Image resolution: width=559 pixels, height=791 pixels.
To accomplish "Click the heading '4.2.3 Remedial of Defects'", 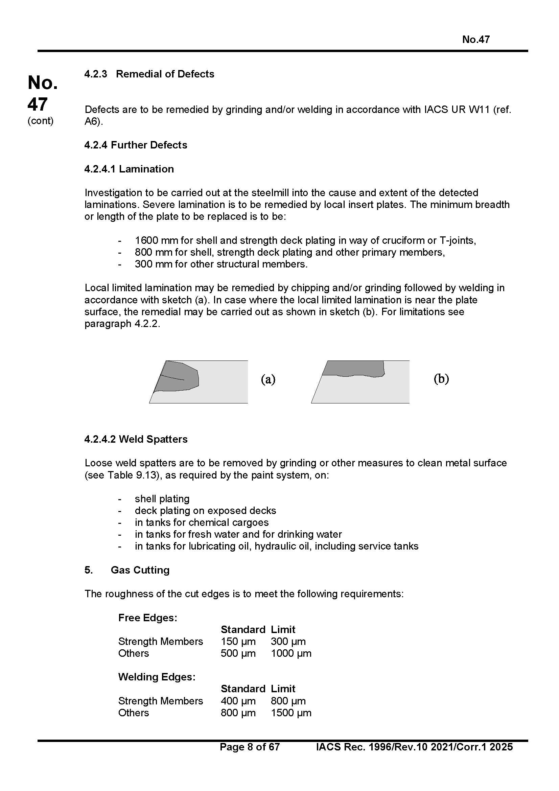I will [x=149, y=74].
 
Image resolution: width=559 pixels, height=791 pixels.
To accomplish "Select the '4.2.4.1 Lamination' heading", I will [x=129, y=169].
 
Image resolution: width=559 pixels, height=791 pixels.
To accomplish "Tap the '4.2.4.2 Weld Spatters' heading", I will [x=136, y=439].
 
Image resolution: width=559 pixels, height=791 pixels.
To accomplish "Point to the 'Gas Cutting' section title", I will [x=140, y=570].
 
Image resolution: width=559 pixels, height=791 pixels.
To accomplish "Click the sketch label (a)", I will [x=268, y=379].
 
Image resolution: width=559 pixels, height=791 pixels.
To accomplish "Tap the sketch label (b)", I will [x=441, y=379].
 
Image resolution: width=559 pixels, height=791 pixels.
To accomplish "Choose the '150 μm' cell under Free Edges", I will [x=238, y=642].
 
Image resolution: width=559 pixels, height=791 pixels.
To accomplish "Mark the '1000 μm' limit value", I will [x=291, y=654].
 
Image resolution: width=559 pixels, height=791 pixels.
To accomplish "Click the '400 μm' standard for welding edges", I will [x=238, y=701].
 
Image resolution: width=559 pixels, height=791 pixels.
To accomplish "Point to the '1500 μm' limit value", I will [x=291, y=713].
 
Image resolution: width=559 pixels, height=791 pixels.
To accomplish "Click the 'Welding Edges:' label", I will [x=157, y=677].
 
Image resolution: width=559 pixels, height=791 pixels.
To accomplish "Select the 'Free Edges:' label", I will [x=148, y=618].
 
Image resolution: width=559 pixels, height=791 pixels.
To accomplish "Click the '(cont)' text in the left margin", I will [x=41, y=121].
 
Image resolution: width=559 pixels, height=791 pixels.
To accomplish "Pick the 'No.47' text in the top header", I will [x=476, y=40].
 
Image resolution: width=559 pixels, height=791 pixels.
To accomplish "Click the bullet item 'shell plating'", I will [x=162, y=499].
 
